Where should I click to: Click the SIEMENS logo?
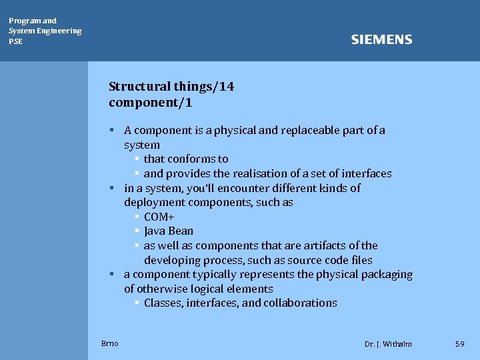[381, 40]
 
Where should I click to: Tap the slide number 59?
[459, 343]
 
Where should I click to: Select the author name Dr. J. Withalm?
[388, 344]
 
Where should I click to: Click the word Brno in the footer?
[110, 343]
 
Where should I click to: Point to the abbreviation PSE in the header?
[15, 41]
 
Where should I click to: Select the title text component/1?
[151, 103]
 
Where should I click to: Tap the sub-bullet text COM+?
[159, 217]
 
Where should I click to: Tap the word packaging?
[387, 275]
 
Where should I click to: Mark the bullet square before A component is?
[113, 130]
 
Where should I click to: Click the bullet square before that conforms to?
[136, 159]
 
